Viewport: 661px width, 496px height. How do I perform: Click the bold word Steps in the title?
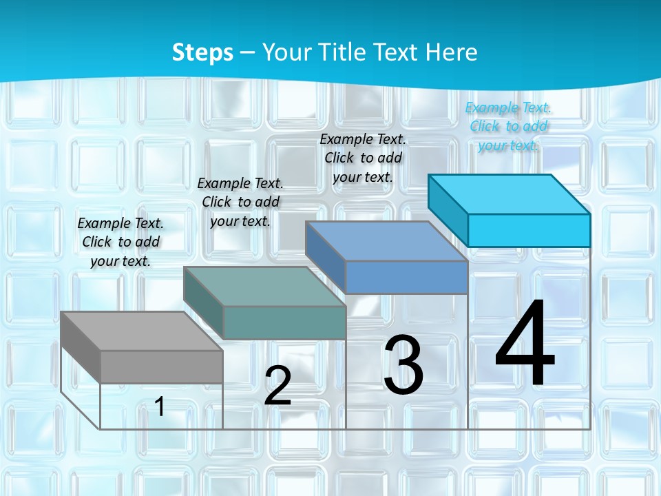pos(202,52)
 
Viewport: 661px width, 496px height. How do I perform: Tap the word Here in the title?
pos(452,52)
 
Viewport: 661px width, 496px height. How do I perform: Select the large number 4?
pos(525,344)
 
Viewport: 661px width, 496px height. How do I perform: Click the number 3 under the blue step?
pos(403,365)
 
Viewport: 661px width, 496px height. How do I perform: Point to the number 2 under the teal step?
pos(277,386)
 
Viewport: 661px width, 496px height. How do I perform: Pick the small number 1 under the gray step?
pos(160,406)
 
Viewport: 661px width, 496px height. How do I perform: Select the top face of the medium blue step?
pos(386,241)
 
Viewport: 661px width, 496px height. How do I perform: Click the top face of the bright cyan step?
pos(509,194)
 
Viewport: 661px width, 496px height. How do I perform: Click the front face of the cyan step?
pos(529,230)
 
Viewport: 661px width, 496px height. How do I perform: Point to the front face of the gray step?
pos(161,366)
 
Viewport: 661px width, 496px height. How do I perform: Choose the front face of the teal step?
pos(284,322)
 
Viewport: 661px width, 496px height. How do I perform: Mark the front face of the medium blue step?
pos(406,277)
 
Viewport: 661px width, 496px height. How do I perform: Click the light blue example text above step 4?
pos(508,126)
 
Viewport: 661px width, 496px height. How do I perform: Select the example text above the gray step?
pos(121,242)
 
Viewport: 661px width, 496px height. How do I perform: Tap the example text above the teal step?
pos(240,202)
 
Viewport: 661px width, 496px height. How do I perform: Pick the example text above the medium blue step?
pos(363,158)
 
